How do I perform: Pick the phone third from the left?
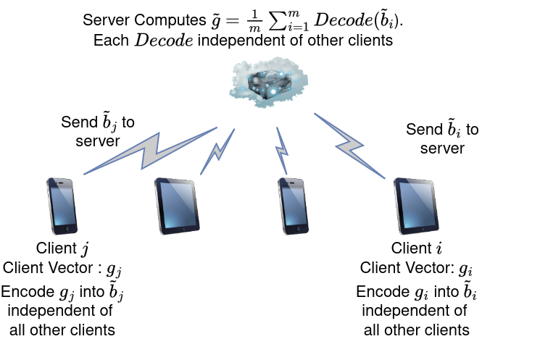click(291, 205)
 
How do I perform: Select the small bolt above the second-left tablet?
click(217, 152)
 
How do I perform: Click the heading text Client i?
click(417, 250)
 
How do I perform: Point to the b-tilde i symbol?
click(470, 293)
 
